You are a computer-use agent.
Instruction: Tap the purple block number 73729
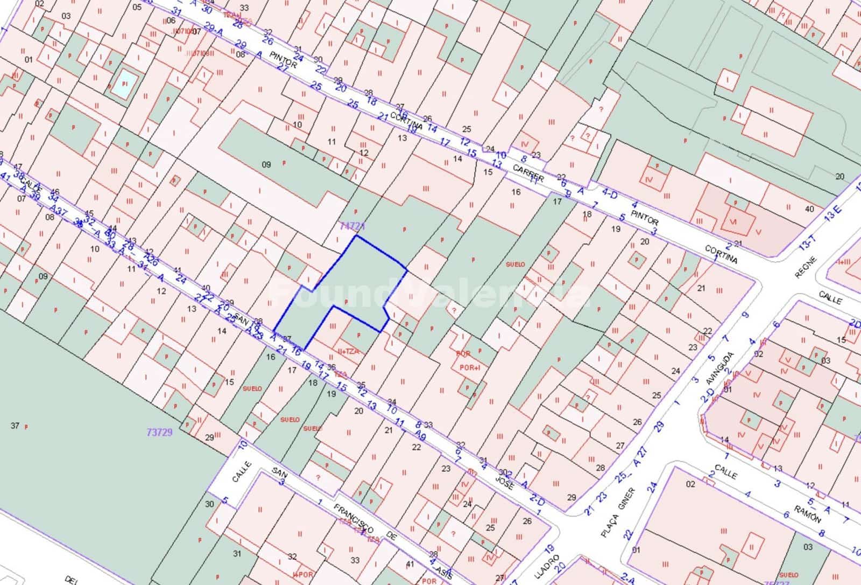(159, 432)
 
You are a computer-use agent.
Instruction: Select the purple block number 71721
(353, 227)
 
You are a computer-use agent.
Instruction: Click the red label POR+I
(470, 367)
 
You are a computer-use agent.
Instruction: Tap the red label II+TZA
(348, 351)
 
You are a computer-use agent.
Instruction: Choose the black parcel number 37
(15, 426)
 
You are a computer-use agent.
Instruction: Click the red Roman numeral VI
(732, 222)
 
